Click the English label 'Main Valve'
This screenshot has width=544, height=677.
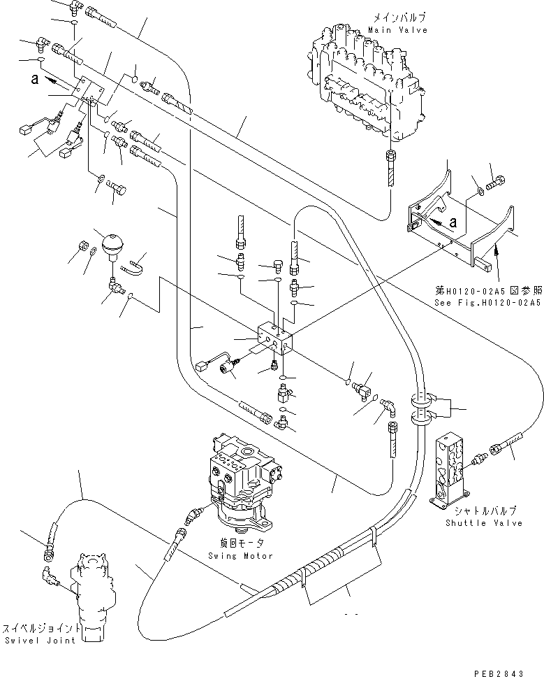pos(398,30)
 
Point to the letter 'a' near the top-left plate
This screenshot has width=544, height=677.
pos(35,79)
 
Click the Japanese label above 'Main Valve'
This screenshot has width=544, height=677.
pos(399,18)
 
